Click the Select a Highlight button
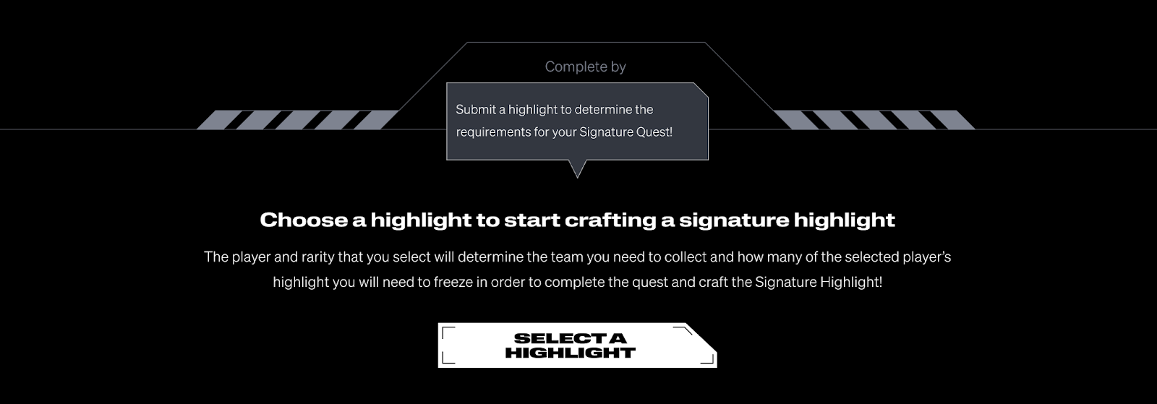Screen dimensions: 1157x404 (x=577, y=345)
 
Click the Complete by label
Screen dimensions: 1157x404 (x=585, y=66)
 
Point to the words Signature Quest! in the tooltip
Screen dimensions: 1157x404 (x=626, y=132)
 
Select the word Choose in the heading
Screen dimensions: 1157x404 (x=304, y=220)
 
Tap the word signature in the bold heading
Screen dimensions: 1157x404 (x=734, y=220)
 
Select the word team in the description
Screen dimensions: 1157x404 (x=567, y=257)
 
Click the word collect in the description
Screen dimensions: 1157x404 (x=685, y=257)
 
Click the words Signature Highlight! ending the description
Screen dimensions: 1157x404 (x=819, y=283)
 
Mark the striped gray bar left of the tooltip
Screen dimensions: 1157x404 (x=298, y=120)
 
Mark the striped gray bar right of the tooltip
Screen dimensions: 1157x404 (x=874, y=120)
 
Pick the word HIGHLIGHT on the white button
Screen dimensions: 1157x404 (x=571, y=353)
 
